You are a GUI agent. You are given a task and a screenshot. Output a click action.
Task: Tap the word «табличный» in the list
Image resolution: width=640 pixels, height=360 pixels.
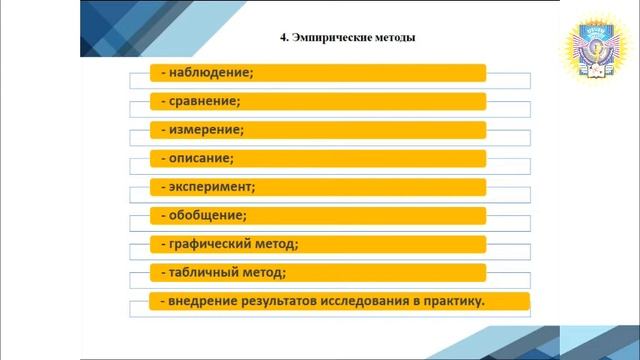(x=203, y=272)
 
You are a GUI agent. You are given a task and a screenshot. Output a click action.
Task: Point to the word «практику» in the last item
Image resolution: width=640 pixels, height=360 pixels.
(x=455, y=301)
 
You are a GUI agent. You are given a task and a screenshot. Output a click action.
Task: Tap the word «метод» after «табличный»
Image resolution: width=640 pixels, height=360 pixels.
(x=265, y=272)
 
